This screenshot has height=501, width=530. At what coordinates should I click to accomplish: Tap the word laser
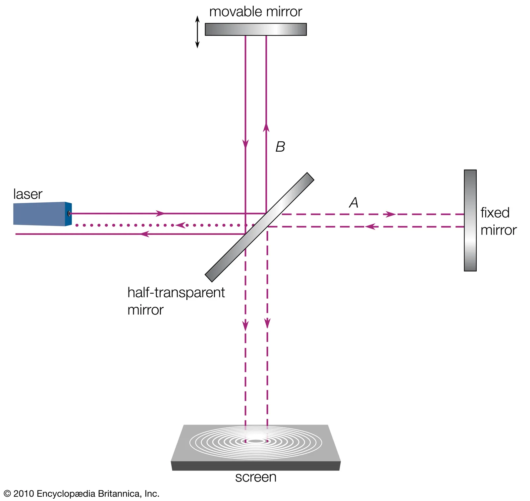28,194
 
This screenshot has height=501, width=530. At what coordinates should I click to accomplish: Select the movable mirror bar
255,29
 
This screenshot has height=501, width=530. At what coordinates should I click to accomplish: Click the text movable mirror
255,12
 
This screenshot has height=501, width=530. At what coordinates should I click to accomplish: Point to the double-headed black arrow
197,32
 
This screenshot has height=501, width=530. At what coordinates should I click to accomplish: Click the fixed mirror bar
470,221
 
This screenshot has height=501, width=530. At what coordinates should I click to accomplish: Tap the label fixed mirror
498,222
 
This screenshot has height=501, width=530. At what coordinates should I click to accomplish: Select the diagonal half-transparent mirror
259,227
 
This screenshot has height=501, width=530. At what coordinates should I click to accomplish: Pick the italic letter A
354,202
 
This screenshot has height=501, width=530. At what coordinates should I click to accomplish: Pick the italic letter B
280,147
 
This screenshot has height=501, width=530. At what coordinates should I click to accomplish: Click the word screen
256,477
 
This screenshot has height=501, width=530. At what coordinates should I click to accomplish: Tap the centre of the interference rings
256,441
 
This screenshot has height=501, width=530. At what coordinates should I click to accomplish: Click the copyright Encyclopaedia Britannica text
81,494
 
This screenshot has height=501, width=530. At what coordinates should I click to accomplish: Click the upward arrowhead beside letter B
266,127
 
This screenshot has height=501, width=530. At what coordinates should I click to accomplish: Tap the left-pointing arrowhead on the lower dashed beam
370,227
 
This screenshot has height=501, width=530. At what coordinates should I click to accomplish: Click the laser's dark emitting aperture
69,214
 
